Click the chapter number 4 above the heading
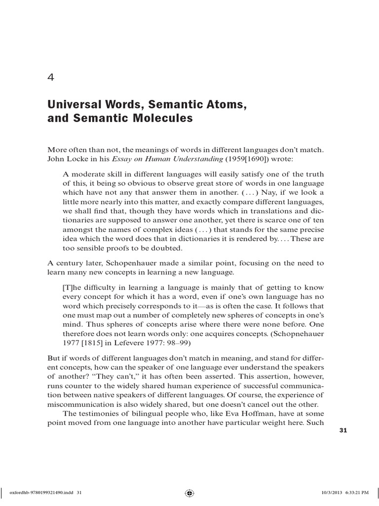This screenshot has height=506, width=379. coord(51,78)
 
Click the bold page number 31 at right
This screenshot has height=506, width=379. coord(344,430)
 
